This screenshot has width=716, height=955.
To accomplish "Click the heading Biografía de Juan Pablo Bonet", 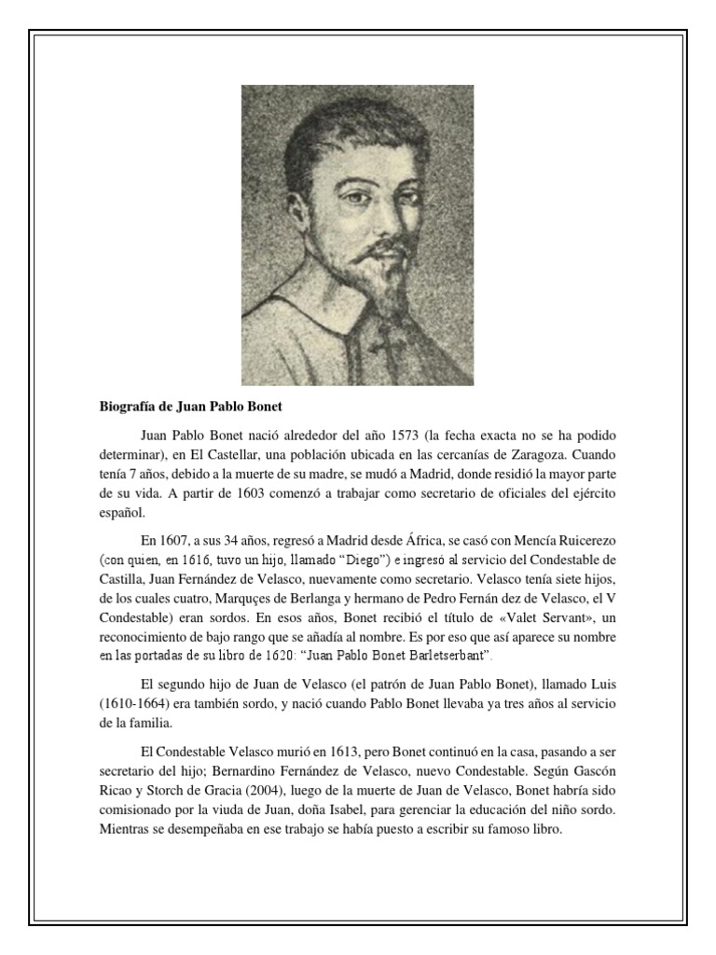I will (190, 408).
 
